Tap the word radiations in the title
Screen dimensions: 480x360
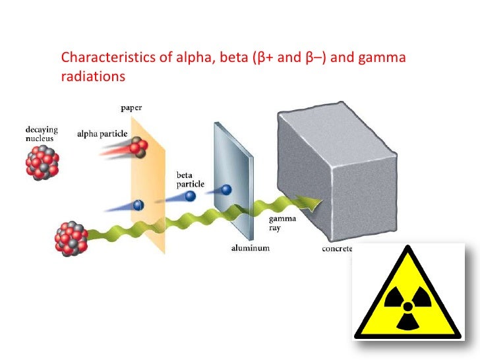92,76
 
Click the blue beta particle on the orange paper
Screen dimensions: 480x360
138,204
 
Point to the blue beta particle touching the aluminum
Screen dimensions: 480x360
226,190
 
